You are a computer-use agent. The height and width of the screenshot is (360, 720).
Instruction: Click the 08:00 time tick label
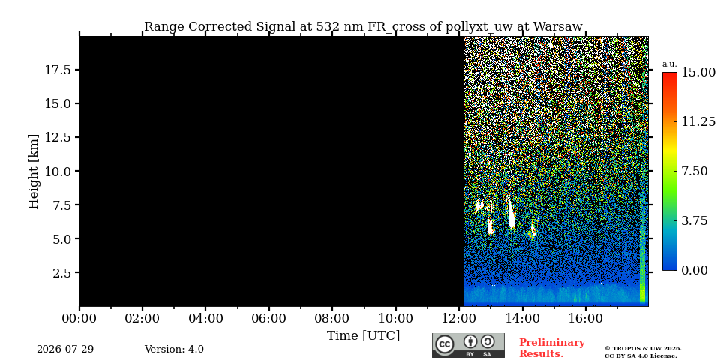(331, 318)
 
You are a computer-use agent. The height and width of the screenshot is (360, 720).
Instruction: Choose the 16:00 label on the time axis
(586, 318)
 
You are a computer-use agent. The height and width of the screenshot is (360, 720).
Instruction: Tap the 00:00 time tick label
(79, 318)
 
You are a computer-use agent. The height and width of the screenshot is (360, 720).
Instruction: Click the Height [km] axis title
(34, 172)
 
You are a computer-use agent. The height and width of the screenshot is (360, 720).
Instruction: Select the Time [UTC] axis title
(363, 336)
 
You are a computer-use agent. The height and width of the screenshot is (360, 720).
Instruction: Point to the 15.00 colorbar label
(698, 72)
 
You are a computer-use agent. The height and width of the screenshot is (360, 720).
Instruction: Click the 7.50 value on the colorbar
(694, 171)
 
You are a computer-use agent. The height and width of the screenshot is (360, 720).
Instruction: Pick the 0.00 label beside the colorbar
(694, 271)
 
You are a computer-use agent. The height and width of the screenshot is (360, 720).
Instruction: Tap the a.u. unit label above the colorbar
(670, 64)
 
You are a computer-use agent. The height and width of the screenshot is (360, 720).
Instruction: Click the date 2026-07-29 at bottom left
(65, 349)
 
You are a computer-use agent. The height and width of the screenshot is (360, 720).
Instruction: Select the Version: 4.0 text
(174, 349)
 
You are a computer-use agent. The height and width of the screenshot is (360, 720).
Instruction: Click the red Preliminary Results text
(552, 348)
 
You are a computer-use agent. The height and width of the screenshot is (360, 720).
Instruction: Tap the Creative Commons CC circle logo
(445, 345)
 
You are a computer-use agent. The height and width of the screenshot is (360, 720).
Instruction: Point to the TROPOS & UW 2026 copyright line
(643, 349)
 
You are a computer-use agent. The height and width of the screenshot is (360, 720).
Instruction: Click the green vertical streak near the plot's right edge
(643, 257)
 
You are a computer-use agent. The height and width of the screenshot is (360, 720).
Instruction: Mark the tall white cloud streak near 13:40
(511, 214)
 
